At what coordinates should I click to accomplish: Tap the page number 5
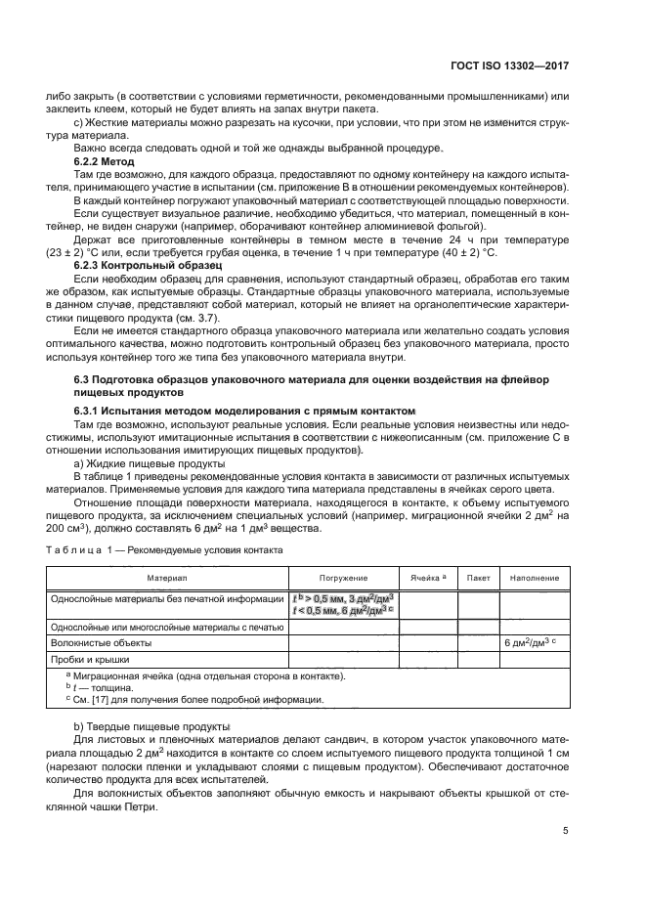point(566,831)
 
